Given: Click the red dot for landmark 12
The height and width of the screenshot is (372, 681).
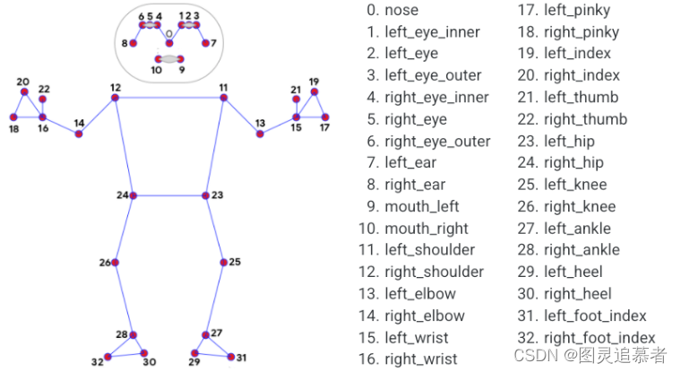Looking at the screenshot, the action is (115, 98).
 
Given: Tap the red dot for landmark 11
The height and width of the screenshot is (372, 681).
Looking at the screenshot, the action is (224, 98).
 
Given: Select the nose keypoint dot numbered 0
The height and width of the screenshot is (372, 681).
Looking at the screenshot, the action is (169, 43).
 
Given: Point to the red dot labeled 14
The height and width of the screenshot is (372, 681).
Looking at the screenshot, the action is (79, 134).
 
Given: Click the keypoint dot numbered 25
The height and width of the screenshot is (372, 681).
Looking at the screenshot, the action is (224, 263).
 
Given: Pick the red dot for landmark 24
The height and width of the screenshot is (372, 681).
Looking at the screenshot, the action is (134, 195).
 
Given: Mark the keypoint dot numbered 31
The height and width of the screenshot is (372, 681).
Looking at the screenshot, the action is (231, 357).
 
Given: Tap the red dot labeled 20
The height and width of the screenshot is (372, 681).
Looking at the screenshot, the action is (24, 91).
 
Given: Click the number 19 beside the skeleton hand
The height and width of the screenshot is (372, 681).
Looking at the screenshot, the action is (314, 82).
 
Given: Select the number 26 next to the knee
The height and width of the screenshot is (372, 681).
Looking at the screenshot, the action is (105, 263).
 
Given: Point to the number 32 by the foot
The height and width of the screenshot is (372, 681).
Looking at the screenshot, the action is (98, 361).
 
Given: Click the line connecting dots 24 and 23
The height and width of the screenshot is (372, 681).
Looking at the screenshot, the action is (169, 195).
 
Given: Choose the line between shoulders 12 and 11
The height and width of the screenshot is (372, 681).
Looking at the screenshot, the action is (169, 98).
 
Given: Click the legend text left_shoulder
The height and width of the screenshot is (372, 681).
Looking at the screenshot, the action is (430, 250).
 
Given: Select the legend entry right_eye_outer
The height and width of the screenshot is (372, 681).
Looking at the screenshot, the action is (438, 142).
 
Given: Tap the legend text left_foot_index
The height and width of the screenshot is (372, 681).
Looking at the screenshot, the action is (596, 316).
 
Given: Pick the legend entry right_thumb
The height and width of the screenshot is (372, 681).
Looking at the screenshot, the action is (586, 119).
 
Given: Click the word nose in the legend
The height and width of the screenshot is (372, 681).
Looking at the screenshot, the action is (401, 10).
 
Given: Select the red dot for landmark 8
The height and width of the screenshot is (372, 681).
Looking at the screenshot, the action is (134, 43).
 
